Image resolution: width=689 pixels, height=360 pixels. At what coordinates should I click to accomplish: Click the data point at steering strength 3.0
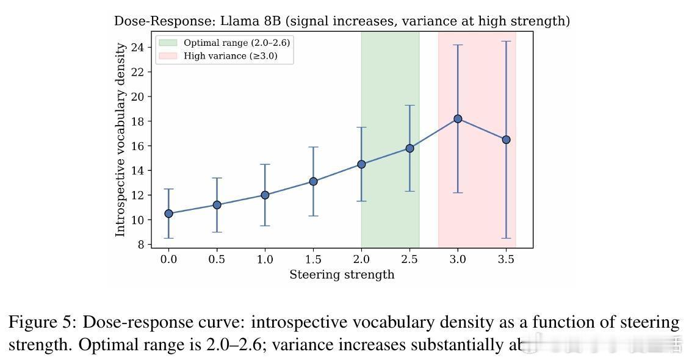coord(458,119)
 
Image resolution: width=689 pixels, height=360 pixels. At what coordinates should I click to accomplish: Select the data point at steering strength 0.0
coord(168,214)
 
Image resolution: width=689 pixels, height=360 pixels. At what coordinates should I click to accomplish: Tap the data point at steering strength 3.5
coord(506,140)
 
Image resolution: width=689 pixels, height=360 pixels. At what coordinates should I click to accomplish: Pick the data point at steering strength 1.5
coord(313,181)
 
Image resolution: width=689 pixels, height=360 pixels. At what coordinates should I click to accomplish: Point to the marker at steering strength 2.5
coord(409,148)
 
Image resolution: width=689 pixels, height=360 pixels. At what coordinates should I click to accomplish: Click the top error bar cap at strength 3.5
coord(506,41)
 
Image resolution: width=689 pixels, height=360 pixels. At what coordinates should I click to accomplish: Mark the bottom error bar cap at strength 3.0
coord(458,193)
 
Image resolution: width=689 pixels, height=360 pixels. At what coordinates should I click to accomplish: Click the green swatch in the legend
coord(168,43)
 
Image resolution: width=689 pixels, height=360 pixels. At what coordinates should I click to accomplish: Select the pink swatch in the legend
coord(168,56)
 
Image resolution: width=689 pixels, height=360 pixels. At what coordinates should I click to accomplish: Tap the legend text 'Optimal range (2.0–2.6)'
coord(232,43)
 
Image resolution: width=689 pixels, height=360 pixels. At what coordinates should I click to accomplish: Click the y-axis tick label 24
coord(137,47)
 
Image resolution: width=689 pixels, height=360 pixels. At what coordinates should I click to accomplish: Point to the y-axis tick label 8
coord(141,244)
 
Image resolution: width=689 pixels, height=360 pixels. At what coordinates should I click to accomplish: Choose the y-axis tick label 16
coord(137,146)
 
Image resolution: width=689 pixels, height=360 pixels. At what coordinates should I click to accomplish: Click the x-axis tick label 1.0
coord(265,259)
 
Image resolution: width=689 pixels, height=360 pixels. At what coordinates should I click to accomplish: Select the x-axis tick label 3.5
coord(506,259)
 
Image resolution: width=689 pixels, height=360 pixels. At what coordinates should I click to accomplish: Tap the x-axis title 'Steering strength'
coord(342,275)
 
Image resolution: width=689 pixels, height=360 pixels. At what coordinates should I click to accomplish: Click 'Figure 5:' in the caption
coord(43,322)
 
